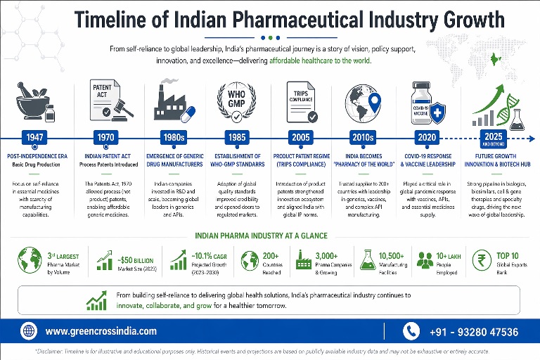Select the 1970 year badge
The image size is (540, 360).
tap(103, 137)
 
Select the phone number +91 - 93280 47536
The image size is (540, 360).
tap(472, 332)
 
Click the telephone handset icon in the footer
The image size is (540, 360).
tap(411, 331)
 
